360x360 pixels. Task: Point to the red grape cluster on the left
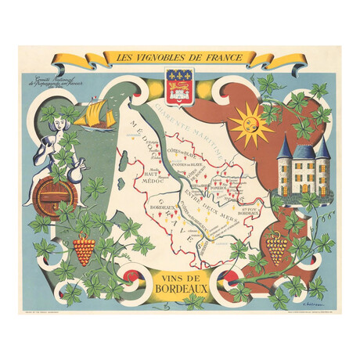point(84,250)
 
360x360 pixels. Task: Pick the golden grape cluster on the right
point(275,249)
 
